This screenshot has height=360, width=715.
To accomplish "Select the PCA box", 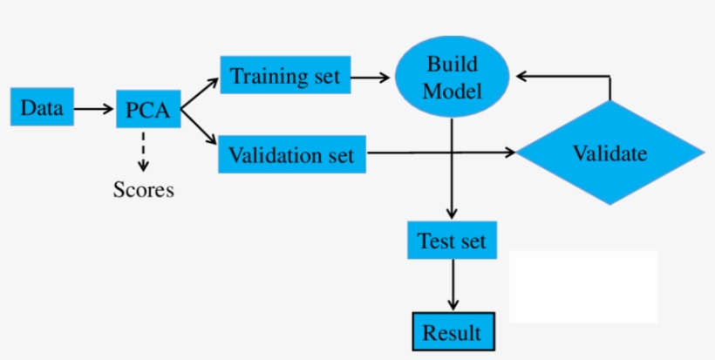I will tap(147, 111).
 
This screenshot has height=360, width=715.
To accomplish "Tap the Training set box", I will tap(285, 75).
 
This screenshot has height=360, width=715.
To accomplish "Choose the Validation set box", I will tap(291, 154).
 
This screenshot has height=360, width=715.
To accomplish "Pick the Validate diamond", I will tap(609, 153).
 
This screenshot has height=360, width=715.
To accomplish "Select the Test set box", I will tap(452, 240).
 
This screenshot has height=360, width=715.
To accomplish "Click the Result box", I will tap(452, 332).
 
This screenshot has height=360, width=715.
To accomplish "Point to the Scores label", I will tap(144, 189).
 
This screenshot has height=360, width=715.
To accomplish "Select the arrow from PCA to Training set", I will tap(200, 93).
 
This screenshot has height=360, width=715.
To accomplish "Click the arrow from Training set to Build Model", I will tap(371, 77).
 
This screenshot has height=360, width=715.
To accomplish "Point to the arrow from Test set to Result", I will tap(452, 285).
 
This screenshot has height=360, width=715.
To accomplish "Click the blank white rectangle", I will tap(582, 286).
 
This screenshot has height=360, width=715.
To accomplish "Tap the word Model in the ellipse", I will tap(453, 90).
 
